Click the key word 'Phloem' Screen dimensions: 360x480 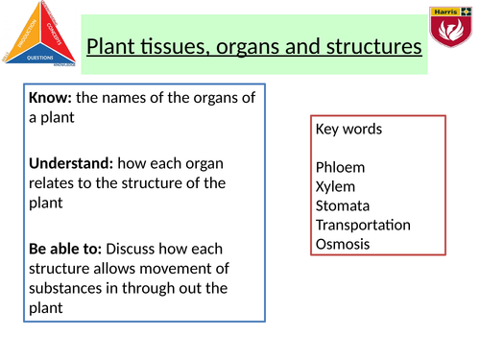point(339,167)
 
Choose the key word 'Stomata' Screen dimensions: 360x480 point(342,205)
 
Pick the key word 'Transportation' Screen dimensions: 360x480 point(362,225)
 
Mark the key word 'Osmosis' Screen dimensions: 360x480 point(342,244)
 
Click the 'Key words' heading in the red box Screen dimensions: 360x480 point(348,129)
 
